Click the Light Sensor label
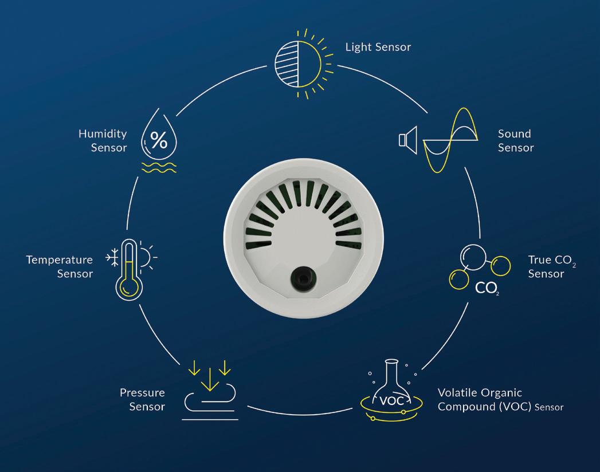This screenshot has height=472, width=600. pyautogui.click(x=378, y=47)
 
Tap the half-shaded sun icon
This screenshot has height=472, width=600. pyautogui.click(x=299, y=59)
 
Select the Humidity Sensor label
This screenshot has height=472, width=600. pyautogui.click(x=103, y=141)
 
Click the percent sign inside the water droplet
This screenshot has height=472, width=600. pyautogui.click(x=159, y=139)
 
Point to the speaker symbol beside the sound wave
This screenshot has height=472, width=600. pyautogui.click(x=407, y=139)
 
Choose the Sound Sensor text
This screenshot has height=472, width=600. pyautogui.click(x=515, y=141)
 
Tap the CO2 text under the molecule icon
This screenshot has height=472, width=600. pyautogui.click(x=487, y=288)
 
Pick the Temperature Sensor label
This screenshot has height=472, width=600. pyautogui.click(x=59, y=267)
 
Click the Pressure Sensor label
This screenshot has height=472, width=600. pyautogui.click(x=142, y=399)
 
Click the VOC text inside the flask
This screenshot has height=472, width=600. pyautogui.click(x=392, y=400)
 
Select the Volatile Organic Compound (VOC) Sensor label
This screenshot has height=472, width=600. pyautogui.click(x=500, y=400)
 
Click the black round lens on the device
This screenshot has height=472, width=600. pyautogui.click(x=299, y=278)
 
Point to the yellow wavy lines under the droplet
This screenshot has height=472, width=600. pyautogui.click(x=159, y=167)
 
